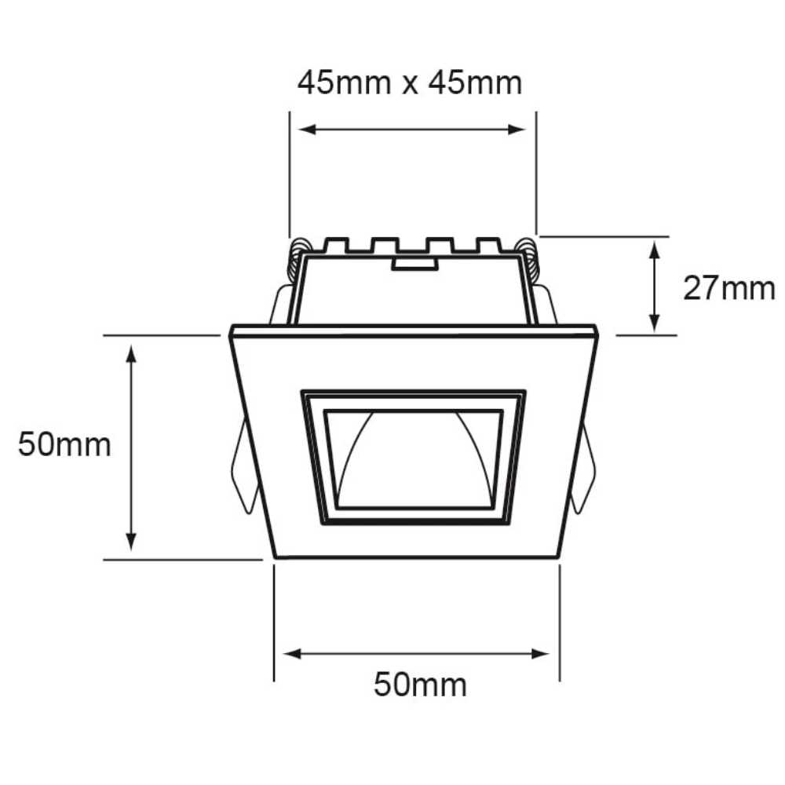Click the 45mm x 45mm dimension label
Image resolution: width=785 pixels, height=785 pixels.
[409, 82]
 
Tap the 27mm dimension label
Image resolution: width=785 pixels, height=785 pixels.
[728, 289]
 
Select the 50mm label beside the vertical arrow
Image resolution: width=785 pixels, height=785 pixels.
[64, 445]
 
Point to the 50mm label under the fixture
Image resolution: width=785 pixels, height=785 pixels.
[420, 685]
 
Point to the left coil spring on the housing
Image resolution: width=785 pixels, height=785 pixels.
[298, 259]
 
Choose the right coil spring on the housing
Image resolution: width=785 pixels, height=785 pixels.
[528, 259]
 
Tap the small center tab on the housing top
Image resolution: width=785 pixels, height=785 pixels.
[414, 264]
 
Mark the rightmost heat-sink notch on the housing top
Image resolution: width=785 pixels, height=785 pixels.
[489, 245]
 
